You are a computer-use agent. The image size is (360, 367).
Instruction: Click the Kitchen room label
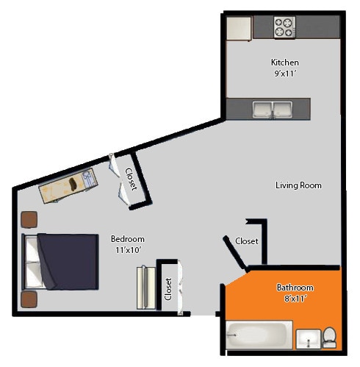point(284,63)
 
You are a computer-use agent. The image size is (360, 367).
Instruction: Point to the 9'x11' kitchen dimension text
point(284,74)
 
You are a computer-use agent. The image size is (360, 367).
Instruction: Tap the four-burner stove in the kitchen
point(284,28)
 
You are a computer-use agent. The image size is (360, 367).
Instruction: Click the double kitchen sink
point(272,110)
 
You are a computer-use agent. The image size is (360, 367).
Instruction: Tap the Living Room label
point(298,185)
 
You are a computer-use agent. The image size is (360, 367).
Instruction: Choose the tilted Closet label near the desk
point(131,179)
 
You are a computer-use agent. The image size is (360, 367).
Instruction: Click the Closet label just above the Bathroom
point(246,241)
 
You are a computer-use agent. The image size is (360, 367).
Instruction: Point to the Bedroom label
point(127,239)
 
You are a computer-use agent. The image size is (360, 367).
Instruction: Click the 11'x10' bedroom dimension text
point(126,250)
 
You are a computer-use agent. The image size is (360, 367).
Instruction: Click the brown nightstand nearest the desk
point(29,219)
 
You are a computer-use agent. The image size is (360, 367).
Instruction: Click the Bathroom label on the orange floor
point(295,288)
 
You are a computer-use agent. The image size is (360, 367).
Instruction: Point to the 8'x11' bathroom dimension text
point(295,299)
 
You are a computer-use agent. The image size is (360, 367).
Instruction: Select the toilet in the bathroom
point(329,338)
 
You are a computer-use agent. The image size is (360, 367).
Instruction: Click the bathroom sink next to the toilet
point(309,340)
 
